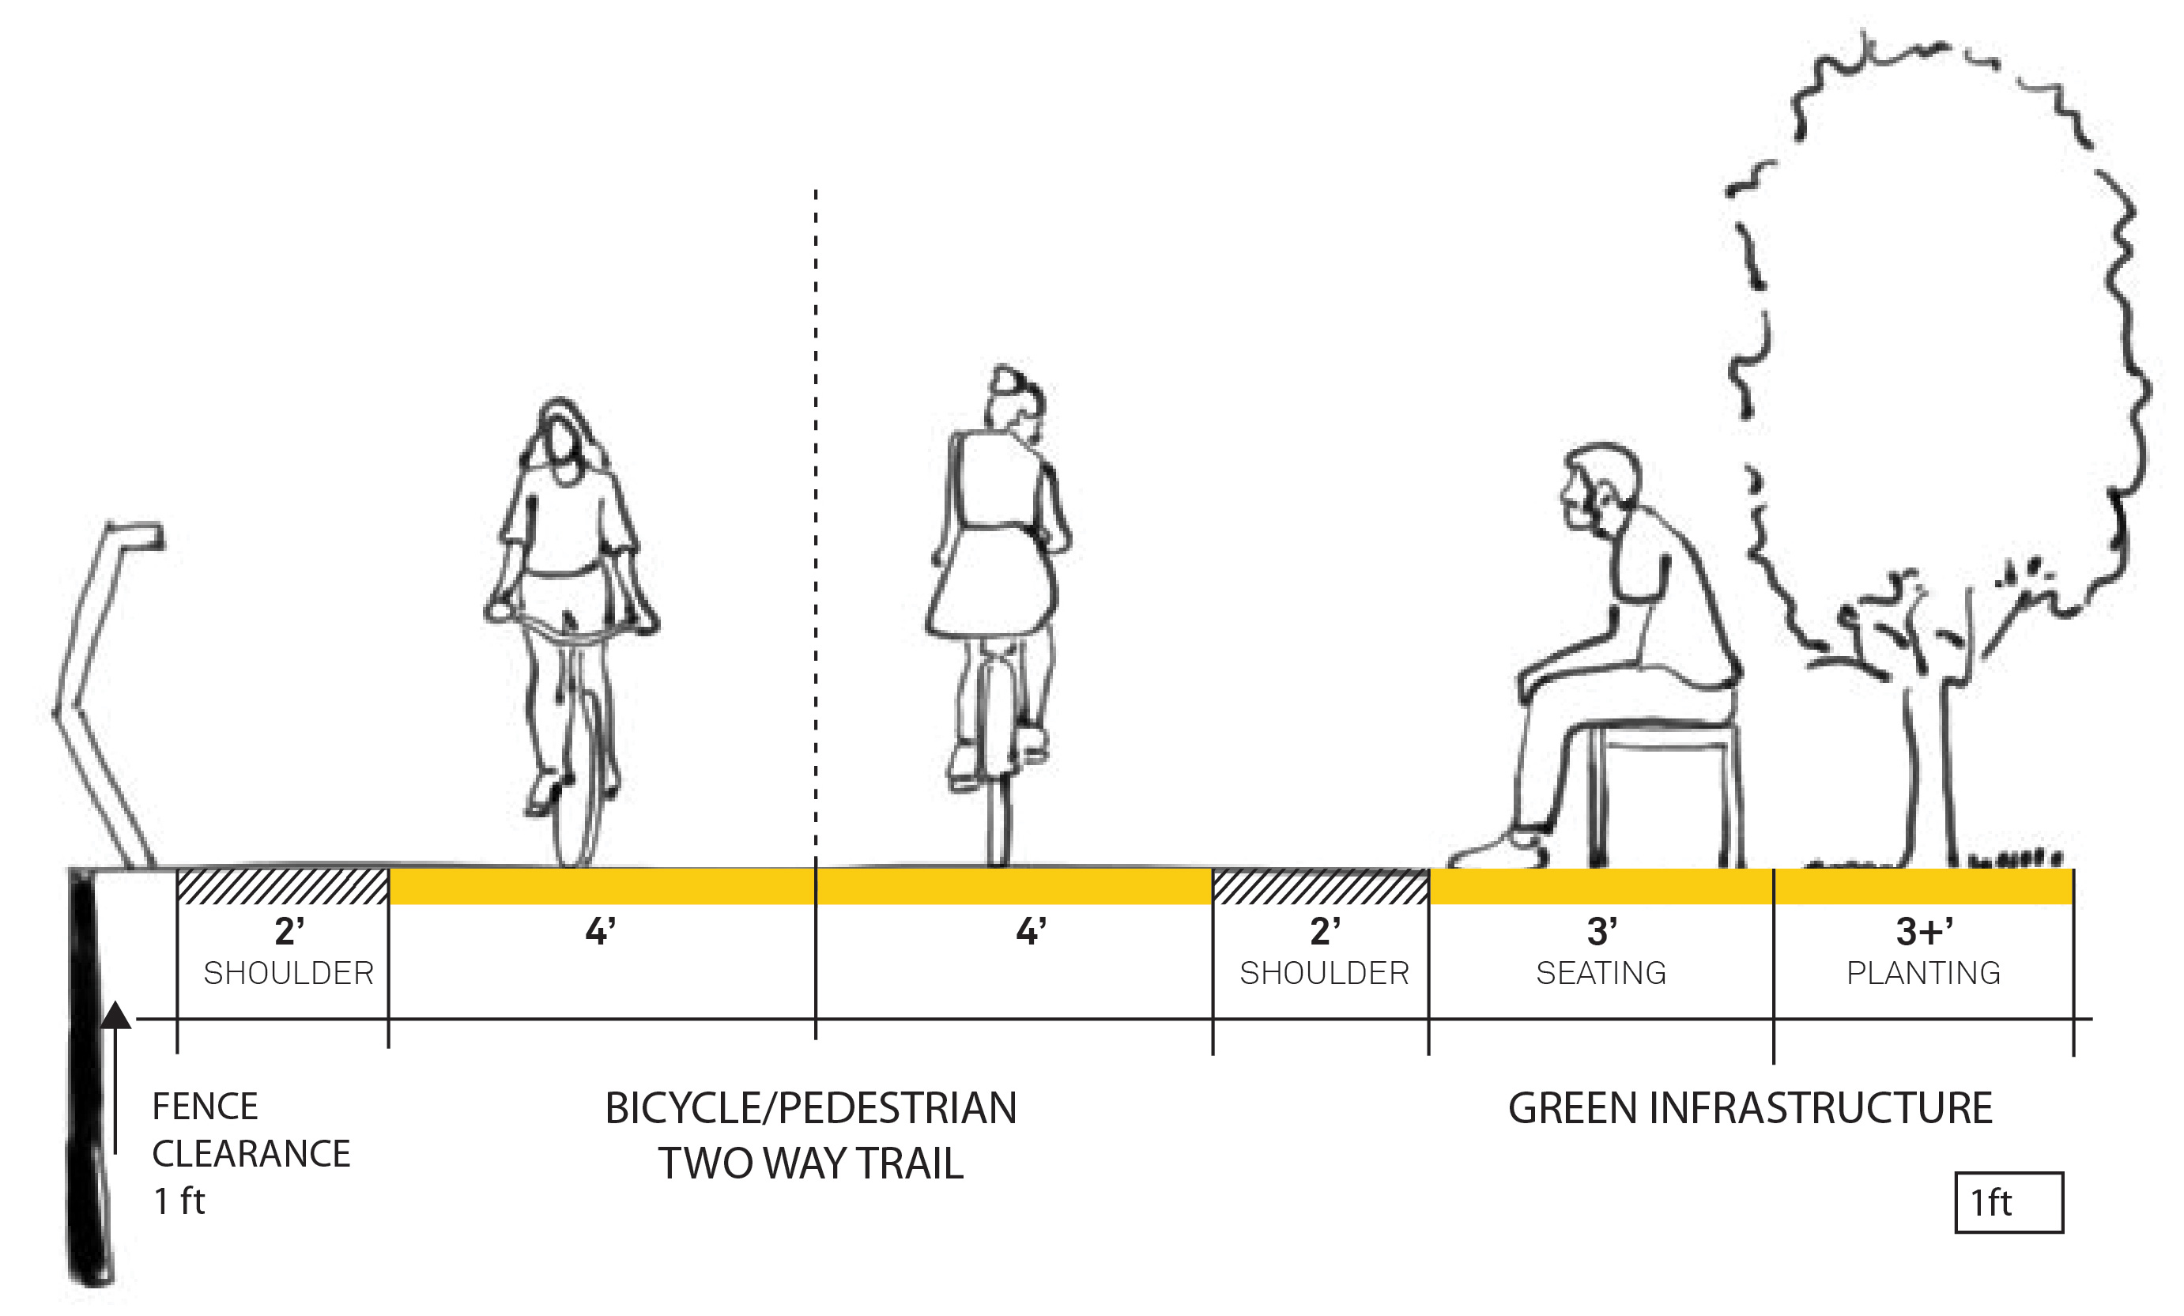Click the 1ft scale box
(x=2009, y=1202)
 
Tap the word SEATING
(x=1601, y=973)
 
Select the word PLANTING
(x=1923, y=973)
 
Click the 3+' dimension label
(x=1924, y=931)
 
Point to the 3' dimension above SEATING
(x=1601, y=931)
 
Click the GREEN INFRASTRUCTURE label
(x=1751, y=1109)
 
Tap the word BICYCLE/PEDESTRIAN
(x=811, y=1109)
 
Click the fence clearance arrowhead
(x=115, y=1016)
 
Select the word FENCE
(x=206, y=1107)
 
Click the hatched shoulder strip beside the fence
(x=283, y=886)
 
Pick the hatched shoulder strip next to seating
(x=1321, y=886)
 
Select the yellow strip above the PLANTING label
(x=1923, y=886)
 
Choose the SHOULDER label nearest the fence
(x=289, y=973)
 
